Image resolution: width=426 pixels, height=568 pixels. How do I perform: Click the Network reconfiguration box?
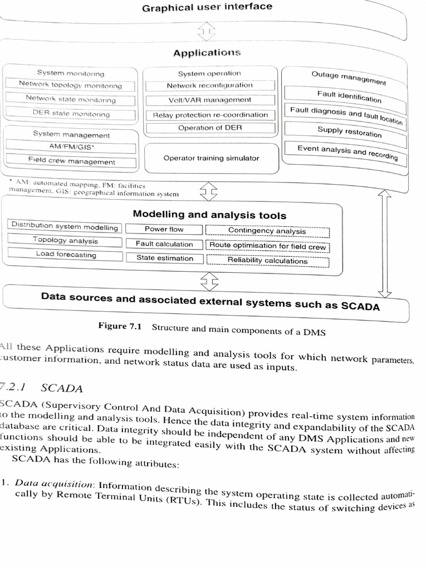[x=210, y=86]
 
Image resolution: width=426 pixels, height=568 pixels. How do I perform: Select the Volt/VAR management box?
[x=210, y=100]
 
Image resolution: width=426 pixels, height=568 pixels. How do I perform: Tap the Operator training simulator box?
[x=211, y=158]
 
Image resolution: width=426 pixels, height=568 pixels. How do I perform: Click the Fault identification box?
[x=349, y=97]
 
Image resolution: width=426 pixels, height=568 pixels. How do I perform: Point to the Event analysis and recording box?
[x=347, y=151]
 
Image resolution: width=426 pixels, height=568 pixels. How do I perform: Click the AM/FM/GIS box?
[x=72, y=148]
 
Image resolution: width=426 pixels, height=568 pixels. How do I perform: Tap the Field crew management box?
[x=72, y=161]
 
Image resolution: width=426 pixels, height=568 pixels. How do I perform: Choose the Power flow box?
[x=164, y=229]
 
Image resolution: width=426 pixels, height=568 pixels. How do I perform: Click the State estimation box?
[x=165, y=258]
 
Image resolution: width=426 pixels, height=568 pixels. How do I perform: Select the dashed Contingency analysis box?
[x=267, y=231]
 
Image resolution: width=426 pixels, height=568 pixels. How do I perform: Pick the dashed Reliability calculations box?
[x=267, y=260]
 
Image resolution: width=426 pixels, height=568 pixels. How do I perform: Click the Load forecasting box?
[x=66, y=255]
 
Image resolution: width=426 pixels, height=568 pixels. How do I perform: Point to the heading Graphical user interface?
[x=207, y=7]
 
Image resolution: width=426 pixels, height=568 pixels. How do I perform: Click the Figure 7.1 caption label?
[x=120, y=326]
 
